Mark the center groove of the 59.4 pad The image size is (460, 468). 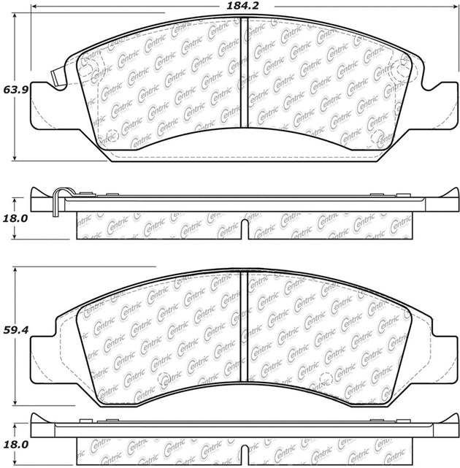coord(245,329)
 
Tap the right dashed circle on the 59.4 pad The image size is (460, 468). coord(324,378)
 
